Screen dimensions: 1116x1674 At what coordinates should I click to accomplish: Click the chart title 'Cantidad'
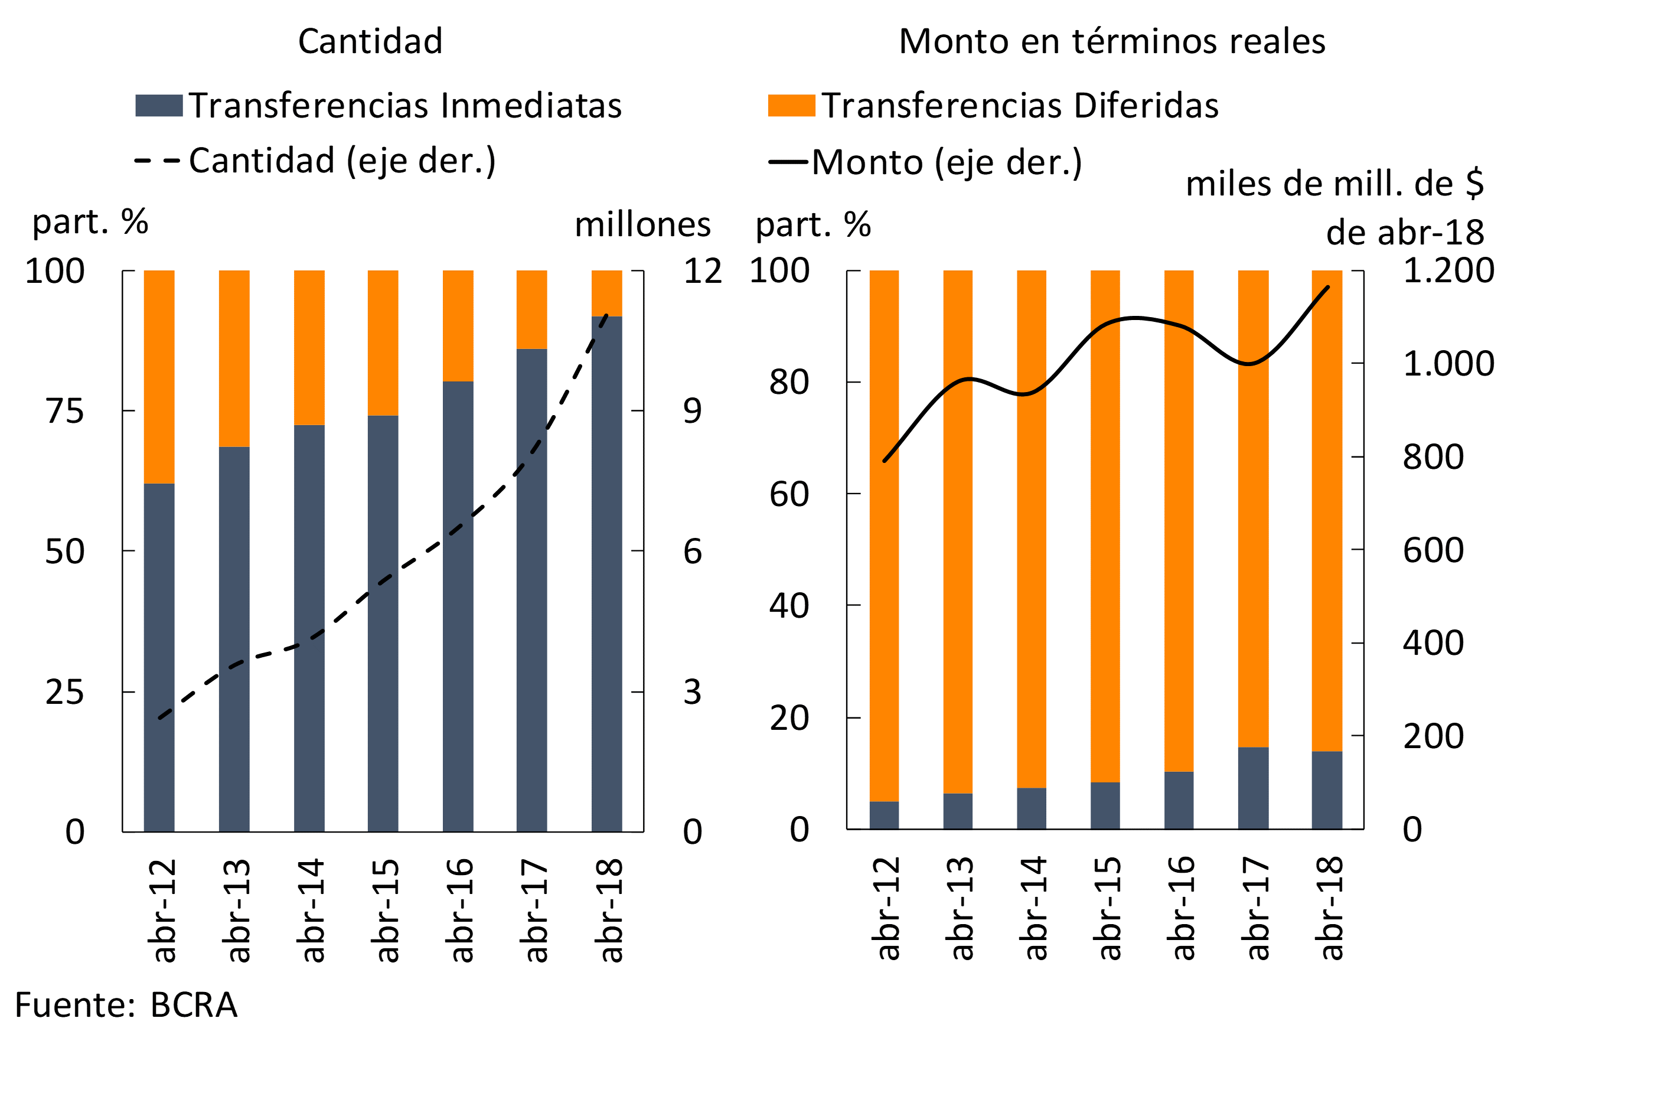[x=370, y=41]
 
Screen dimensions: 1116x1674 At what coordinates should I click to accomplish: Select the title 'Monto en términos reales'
[x=1112, y=41]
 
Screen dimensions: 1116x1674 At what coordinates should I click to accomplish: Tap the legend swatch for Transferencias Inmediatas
[x=159, y=105]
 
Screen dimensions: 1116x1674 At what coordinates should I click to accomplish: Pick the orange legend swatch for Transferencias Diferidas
[x=791, y=105]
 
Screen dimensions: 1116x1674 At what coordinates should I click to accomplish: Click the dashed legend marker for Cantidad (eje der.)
[x=157, y=161]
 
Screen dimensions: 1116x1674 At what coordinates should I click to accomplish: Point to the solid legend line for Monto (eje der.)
[x=788, y=162]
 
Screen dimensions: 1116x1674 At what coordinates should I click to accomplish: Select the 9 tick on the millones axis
[x=692, y=412]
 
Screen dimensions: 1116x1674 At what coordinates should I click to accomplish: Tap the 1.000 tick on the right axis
[x=1448, y=364]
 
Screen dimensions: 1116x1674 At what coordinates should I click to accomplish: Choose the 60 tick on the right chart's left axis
[x=789, y=495]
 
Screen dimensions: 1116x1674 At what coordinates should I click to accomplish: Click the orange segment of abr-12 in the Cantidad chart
[x=159, y=377]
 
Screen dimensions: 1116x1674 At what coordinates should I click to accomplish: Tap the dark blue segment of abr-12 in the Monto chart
[x=884, y=815]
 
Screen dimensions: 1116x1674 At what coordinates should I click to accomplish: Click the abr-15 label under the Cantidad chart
[x=385, y=911]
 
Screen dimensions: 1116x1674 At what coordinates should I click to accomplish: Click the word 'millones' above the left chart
[x=642, y=225]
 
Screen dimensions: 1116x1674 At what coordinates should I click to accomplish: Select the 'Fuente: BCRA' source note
[x=126, y=1006]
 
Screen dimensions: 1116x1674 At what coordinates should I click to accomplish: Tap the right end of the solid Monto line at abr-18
[x=1328, y=288]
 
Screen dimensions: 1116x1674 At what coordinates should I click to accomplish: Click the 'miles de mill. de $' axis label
[x=1334, y=184]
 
